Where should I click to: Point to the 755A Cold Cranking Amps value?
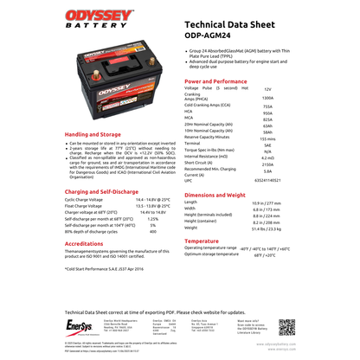[x=267, y=105]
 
